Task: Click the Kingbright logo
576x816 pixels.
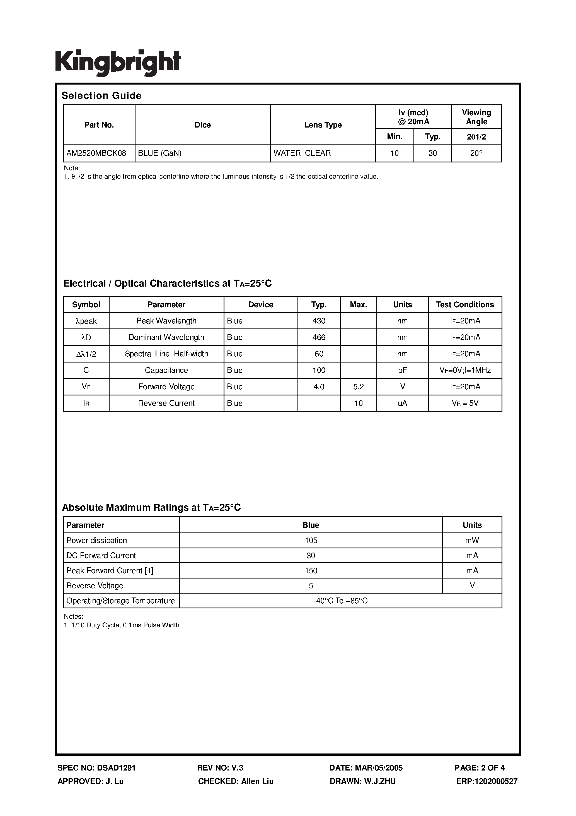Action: tap(118, 63)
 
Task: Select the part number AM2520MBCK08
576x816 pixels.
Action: tap(96, 153)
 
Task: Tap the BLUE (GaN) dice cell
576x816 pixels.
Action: tap(160, 153)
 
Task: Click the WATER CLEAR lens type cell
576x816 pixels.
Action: tap(302, 153)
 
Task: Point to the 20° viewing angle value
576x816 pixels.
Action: tap(476, 153)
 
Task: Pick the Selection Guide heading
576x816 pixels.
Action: tap(101, 96)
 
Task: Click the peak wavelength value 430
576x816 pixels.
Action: tap(319, 321)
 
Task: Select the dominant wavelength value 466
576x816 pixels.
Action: tap(319, 337)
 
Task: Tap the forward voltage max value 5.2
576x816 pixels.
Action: tap(358, 387)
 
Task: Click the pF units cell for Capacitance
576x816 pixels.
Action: tap(402, 370)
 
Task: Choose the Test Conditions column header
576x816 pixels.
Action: tap(465, 304)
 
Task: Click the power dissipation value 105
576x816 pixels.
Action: tap(311, 541)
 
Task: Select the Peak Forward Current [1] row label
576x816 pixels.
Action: tap(110, 571)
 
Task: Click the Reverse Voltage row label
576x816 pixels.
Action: tap(95, 586)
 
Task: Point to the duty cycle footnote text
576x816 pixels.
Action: tap(122, 625)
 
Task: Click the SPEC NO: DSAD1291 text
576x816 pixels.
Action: tap(96, 768)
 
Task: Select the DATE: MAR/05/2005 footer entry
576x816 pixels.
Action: tap(366, 768)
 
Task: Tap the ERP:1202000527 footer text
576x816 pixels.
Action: tap(487, 781)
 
